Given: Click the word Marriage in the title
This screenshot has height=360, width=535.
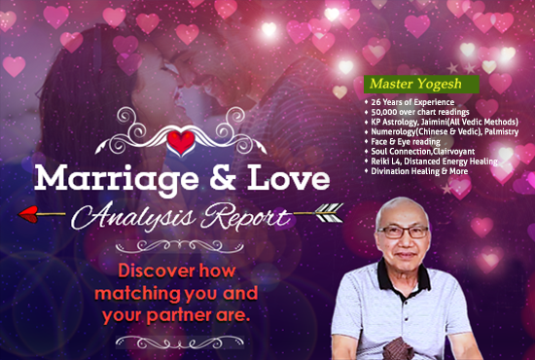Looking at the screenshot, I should (x=103, y=179).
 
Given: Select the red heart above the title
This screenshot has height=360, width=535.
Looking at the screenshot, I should (x=181, y=143).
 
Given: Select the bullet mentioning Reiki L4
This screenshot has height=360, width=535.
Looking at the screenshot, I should (x=432, y=161).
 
